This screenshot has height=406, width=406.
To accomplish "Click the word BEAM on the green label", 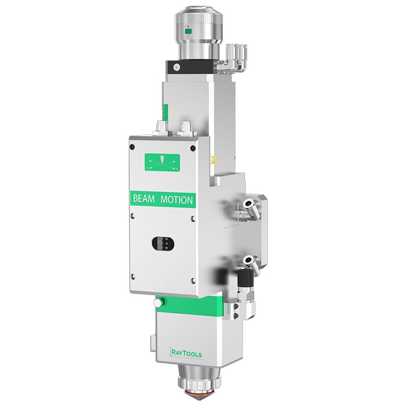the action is click(144, 198).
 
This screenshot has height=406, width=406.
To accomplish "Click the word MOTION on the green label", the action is click(176, 200).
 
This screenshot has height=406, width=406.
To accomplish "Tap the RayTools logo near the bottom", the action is click(186, 353).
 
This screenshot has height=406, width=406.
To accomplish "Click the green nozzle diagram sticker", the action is click(162, 162).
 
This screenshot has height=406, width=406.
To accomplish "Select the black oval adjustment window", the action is click(163, 244).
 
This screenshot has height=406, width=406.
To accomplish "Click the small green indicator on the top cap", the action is click(188, 31).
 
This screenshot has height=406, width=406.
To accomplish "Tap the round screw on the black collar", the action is click(176, 67).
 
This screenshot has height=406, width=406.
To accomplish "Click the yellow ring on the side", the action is click(212, 159).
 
